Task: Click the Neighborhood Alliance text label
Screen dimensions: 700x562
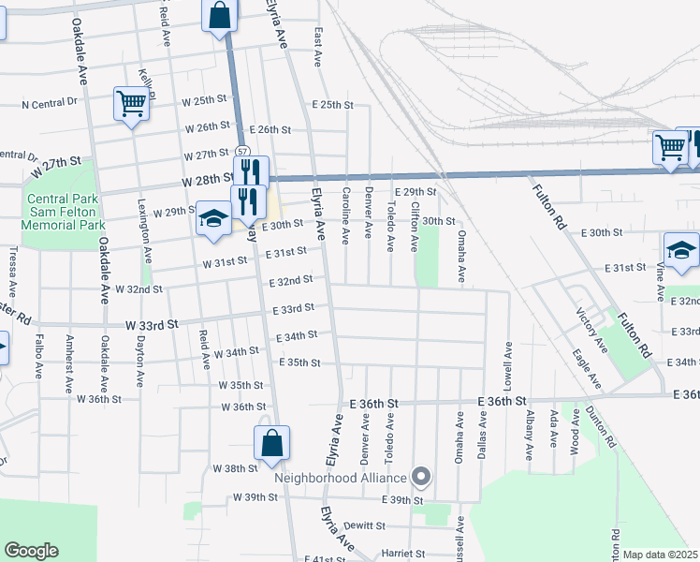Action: click(341, 477)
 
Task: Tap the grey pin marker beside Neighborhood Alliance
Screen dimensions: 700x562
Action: click(421, 478)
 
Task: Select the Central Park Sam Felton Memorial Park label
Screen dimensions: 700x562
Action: click(66, 213)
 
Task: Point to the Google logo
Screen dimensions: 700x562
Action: click(31, 551)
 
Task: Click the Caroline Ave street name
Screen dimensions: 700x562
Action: click(345, 212)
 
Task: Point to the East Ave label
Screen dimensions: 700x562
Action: click(318, 46)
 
